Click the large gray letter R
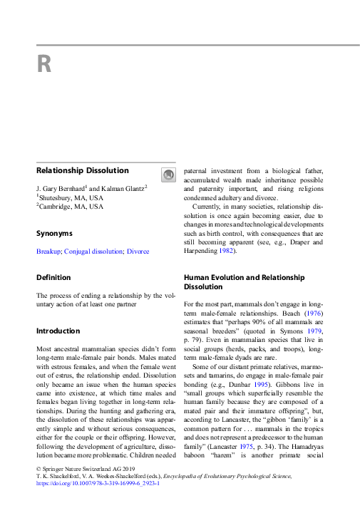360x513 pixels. (x=44, y=65)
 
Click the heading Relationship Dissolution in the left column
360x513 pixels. (x=83, y=171)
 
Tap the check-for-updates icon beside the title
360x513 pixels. (x=167, y=175)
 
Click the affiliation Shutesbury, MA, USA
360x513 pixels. (x=71, y=197)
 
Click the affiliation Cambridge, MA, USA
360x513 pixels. (x=71, y=207)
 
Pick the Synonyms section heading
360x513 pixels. (x=54, y=233)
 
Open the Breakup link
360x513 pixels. (x=48, y=252)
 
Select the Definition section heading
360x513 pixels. (x=53, y=277)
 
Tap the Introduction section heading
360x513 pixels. (x=58, y=331)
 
